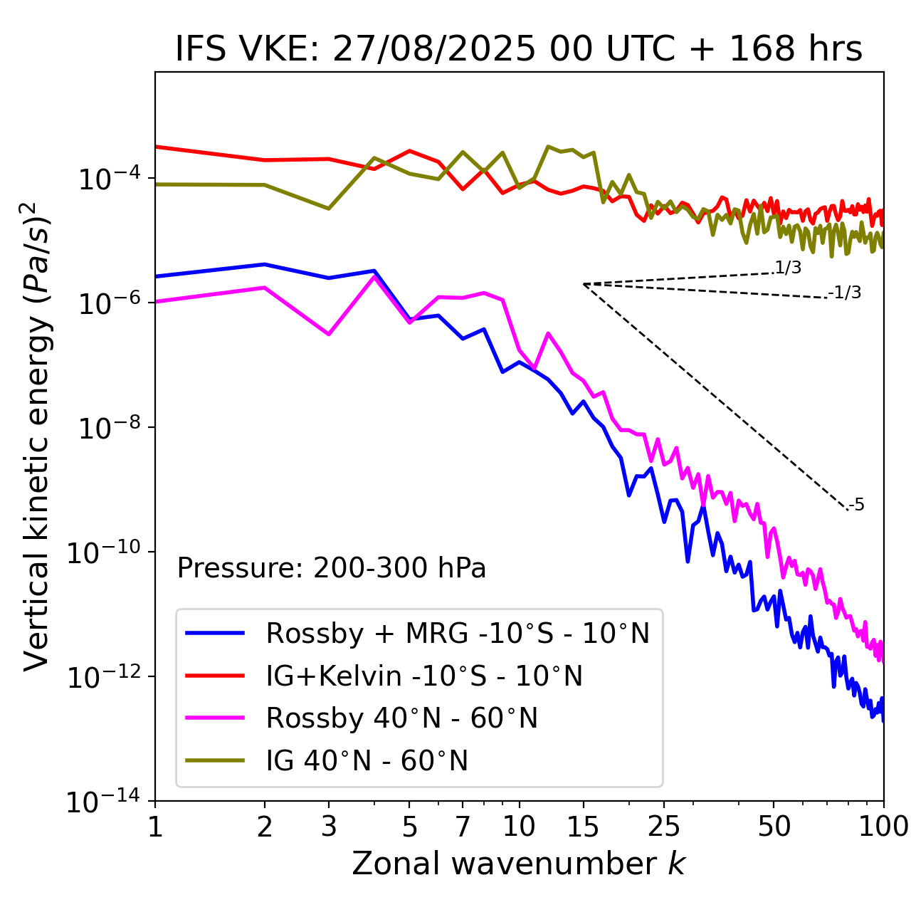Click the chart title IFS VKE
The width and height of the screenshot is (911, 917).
519,49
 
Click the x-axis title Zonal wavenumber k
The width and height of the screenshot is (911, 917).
519,863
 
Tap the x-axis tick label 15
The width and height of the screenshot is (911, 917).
583,827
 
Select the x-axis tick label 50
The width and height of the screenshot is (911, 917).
774,827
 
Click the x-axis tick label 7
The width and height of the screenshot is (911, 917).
463,827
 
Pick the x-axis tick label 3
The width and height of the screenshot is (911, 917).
329,827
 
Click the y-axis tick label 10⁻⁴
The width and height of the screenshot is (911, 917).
107,179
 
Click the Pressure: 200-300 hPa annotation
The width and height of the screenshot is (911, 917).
332,568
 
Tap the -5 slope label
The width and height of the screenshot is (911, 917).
856,505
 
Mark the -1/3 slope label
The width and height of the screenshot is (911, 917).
845,292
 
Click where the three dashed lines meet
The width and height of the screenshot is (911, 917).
584,284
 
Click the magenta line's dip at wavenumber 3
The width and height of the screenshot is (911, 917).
329,334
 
